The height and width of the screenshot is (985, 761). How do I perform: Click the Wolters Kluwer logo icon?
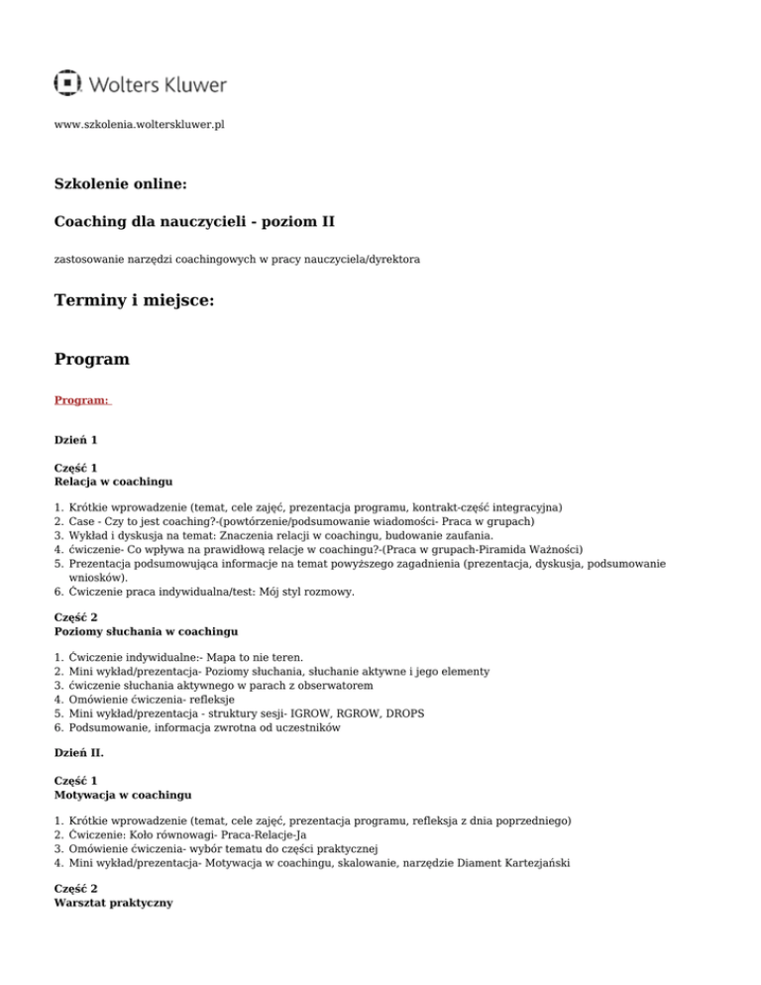coord(67,83)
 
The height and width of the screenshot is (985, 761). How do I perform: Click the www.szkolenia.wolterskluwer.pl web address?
coord(139,127)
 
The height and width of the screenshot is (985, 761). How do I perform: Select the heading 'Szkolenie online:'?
coord(119,183)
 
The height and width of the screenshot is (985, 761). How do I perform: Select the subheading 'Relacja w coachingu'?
coord(113,482)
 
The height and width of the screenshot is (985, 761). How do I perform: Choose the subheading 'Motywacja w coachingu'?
coord(123,794)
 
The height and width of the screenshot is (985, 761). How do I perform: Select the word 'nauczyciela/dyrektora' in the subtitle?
coord(358,260)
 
